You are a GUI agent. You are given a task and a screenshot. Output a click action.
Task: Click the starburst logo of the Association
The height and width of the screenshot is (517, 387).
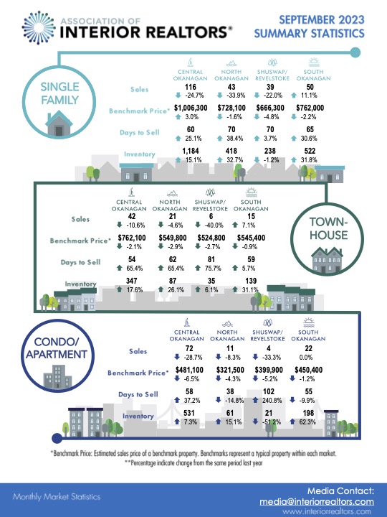coord(39,27)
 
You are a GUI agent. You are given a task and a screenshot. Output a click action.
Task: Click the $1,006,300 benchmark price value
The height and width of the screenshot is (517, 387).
coord(191,108)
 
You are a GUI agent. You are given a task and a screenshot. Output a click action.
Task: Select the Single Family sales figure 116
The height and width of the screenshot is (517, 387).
coord(191,87)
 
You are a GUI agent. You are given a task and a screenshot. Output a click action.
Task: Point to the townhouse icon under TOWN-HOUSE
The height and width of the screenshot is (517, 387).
coord(327,260)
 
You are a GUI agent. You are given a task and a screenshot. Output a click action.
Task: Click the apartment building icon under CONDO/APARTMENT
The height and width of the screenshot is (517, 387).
coord(57,376)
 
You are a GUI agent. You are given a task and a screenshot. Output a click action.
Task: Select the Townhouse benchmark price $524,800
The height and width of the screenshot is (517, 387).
coord(211,238)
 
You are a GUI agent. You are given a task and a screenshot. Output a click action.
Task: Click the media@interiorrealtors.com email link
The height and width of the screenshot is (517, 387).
coord(317,502)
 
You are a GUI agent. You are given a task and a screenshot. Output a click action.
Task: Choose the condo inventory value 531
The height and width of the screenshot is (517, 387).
coord(189,413)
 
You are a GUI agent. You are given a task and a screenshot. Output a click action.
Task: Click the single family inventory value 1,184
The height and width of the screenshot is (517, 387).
coord(191,151)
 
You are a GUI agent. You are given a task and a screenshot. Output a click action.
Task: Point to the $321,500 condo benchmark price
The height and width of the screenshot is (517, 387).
coord(230,370)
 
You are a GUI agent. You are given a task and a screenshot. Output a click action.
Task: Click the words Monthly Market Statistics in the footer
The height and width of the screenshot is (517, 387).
coord(57,497)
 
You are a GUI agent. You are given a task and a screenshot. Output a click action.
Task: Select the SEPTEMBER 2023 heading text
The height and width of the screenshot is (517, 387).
coord(322,20)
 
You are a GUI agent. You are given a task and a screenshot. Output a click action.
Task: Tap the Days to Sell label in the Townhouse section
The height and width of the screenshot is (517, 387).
coord(80,263)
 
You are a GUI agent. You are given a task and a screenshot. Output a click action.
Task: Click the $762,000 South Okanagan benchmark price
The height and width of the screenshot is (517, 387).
coord(310,108)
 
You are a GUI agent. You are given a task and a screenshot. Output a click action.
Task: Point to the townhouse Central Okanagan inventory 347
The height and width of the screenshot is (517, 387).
coord(132,281)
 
